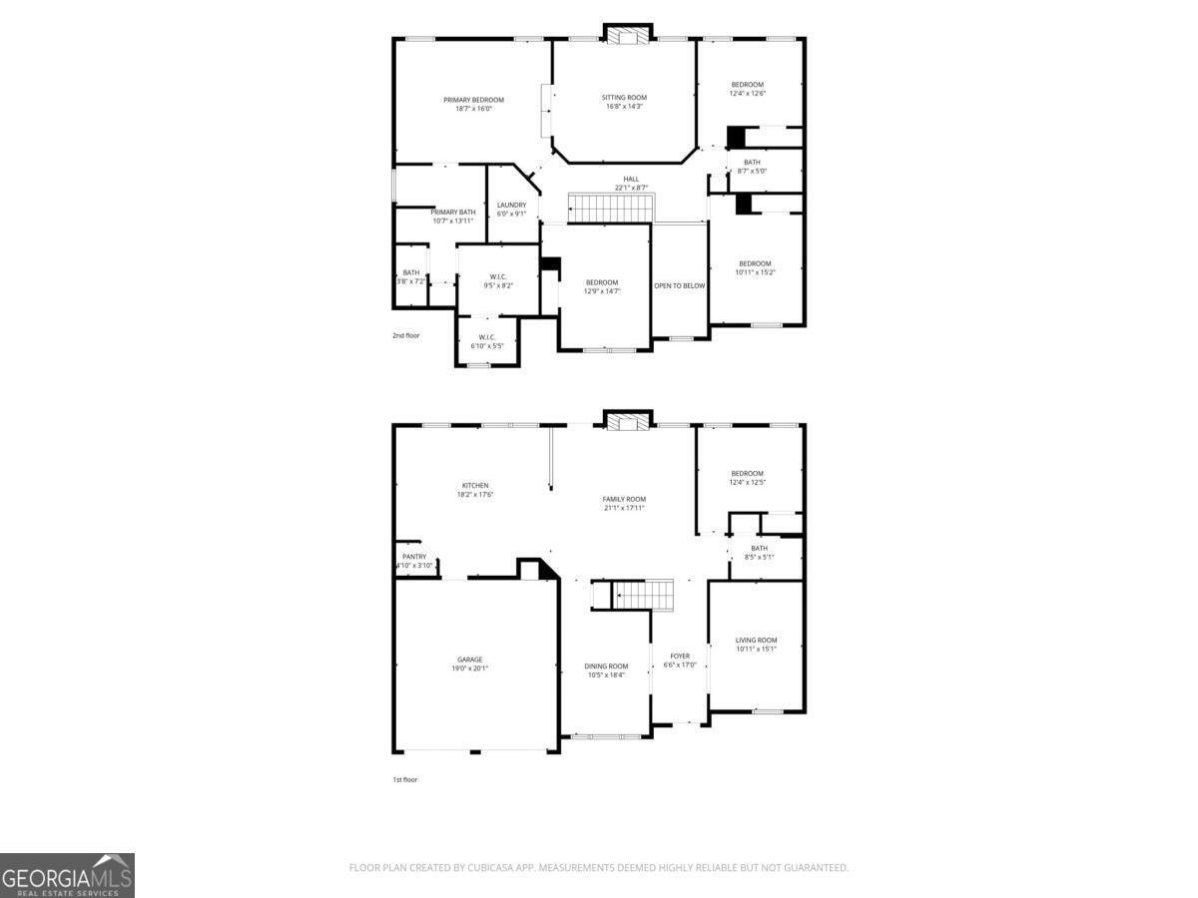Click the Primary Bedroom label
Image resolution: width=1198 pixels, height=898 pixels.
(473, 100)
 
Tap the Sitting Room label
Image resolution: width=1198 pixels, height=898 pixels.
(624, 98)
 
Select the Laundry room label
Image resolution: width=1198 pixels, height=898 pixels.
(511, 206)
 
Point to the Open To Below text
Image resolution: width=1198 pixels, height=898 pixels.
(679, 286)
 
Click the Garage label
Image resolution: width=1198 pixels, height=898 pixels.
(470, 660)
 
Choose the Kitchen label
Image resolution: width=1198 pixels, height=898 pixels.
(475, 486)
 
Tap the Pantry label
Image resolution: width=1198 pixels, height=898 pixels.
(414, 557)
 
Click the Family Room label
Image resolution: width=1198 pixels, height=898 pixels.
(624, 499)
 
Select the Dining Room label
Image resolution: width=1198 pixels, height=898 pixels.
(606, 667)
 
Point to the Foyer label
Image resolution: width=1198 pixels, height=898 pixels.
(680, 657)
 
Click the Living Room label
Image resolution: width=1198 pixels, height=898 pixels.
(756, 641)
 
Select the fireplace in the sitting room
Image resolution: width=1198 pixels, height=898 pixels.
(627, 35)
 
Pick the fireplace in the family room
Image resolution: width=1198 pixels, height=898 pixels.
(627, 421)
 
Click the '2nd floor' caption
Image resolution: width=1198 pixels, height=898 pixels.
(406, 336)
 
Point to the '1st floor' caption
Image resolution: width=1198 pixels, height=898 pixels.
(404, 779)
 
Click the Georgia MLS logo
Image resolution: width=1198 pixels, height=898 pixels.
(67, 876)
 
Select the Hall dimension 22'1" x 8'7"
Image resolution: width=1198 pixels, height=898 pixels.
(631, 188)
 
